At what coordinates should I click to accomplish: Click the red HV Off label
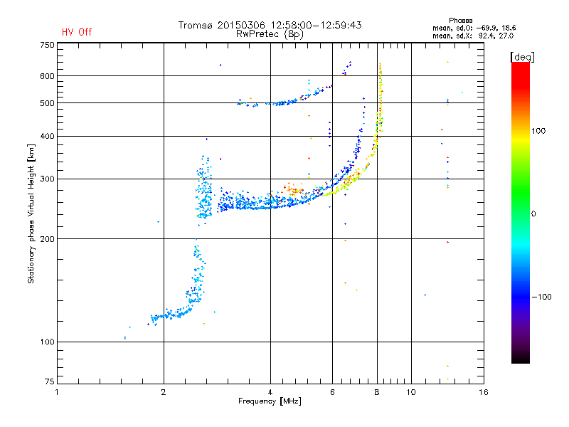[77, 32]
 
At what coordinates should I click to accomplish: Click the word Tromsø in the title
[196, 25]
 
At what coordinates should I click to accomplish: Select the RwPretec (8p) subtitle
[270, 34]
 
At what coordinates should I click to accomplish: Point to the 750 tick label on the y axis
[48, 45]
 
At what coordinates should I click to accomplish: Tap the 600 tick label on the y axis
[48, 76]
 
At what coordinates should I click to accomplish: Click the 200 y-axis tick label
[48, 239]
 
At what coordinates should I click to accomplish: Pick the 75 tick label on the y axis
[50, 381]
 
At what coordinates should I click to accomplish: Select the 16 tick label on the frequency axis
[484, 392]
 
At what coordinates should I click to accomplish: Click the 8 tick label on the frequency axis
[377, 392]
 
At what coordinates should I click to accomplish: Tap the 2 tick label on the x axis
[164, 392]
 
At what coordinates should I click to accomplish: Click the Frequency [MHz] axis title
[270, 401]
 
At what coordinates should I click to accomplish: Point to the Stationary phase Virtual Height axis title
[31, 213]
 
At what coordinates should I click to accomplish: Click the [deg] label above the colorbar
[522, 57]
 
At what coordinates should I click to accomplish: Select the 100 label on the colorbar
[538, 131]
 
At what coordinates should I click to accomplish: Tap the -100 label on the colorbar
[542, 297]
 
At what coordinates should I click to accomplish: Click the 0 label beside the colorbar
[533, 214]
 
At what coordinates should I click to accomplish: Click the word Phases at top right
[461, 21]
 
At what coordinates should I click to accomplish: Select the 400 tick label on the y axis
[48, 137]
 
